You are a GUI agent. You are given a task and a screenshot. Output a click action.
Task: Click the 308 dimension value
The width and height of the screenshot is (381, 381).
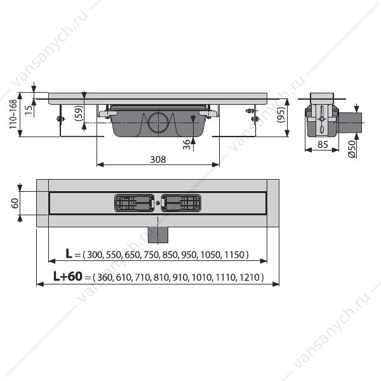(158, 159)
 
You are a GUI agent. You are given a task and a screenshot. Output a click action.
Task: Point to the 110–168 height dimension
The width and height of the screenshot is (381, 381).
(13, 114)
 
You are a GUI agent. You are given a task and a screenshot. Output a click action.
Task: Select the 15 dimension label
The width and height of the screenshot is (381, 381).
(29, 110)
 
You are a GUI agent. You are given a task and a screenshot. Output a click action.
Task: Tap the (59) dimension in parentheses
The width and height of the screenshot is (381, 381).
(79, 113)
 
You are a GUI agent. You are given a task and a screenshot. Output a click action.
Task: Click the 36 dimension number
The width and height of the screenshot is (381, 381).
(186, 145)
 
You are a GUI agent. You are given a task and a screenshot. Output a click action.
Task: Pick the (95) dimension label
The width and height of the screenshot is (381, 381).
(281, 115)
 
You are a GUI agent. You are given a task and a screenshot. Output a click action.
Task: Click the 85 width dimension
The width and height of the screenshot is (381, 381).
(323, 145)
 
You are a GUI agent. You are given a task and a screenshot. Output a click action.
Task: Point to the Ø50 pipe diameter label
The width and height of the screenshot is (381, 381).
(352, 149)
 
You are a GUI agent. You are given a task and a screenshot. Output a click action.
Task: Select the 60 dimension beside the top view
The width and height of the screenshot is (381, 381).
(15, 203)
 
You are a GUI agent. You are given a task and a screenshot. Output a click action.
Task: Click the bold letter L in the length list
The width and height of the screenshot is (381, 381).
(69, 253)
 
